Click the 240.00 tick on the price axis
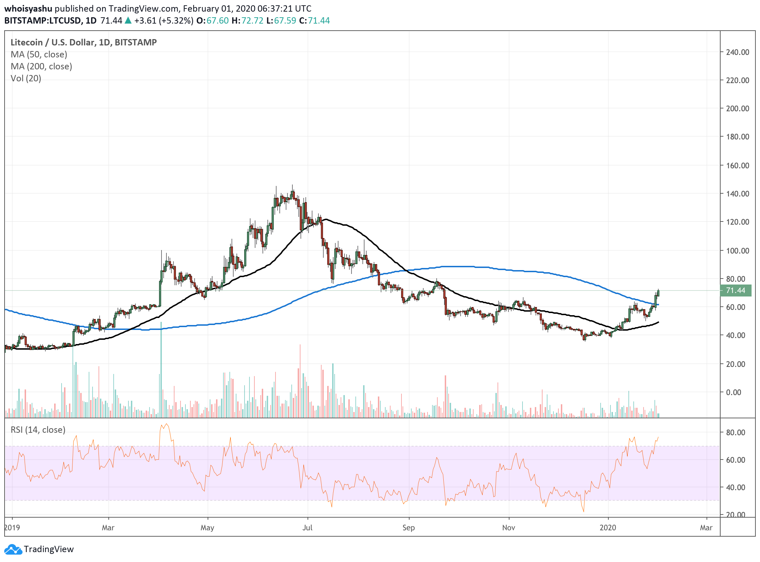737,52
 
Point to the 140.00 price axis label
737,194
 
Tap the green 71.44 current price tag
736,291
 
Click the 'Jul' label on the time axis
308,527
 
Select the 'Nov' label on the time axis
509,527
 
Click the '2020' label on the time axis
608,527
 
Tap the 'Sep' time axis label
408,527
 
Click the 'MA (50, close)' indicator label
39,55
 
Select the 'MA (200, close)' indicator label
41,67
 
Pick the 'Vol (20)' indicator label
26,79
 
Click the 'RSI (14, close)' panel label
38,430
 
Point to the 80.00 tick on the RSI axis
736,432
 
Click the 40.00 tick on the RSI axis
736,487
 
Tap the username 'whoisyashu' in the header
28,8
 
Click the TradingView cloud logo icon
13,549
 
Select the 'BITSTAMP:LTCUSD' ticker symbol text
43,20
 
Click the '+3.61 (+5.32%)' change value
164,20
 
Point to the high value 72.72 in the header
252,20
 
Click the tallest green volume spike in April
161,370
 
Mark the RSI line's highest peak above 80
166,424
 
